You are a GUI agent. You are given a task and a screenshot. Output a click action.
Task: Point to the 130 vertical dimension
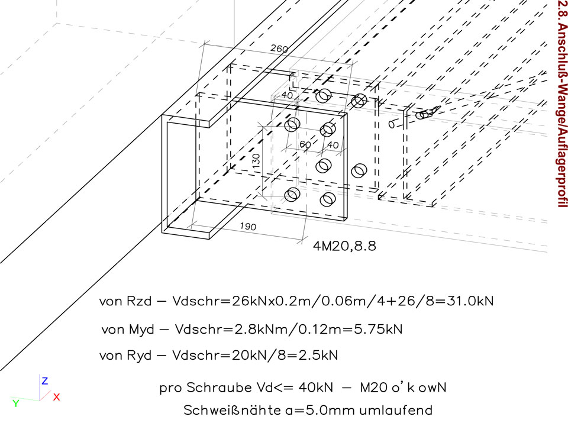256,162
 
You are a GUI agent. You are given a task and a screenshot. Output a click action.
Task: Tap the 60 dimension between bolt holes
305,144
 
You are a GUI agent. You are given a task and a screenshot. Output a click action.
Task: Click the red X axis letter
56,397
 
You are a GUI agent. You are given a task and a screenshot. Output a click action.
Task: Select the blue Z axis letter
44,381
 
